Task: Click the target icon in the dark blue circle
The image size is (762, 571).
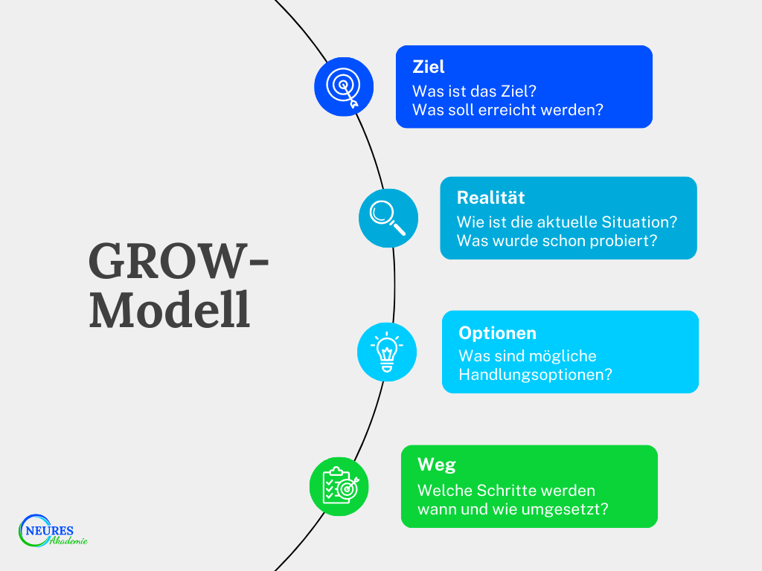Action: [x=344, y=86]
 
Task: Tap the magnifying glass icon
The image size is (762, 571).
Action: [x=388, y=218]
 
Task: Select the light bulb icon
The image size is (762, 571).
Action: [x=387, y=352]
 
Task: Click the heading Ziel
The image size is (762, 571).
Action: [x=429, y=67]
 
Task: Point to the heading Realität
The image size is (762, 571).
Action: [x=490, y=198]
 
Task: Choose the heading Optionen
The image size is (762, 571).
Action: [x=497, y=333]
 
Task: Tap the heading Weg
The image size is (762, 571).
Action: [x=436, y=465]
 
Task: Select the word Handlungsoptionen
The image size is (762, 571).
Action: [x=535, y=375]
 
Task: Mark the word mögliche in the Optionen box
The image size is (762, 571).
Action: [x=563, y=355]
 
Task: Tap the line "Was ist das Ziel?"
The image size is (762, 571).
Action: [x=475, y=90]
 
